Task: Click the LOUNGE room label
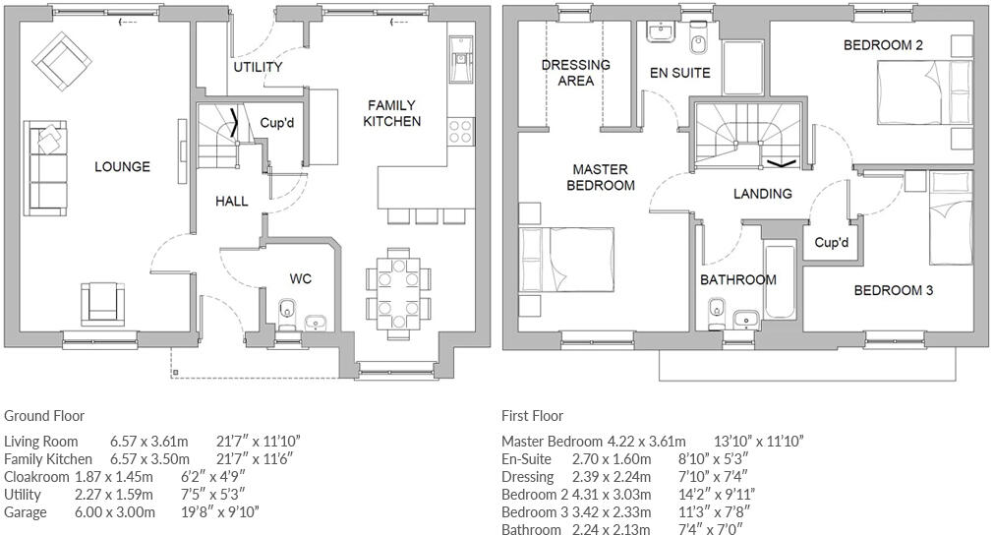coord(122,166)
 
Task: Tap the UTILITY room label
coord(258,67)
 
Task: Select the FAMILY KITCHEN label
coord(392,113)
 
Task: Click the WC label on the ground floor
coord(300,279)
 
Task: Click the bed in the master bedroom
coord(565,262)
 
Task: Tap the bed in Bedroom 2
coord(919,90)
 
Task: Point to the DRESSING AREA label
coord(576,73)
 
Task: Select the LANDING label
coord(762,194)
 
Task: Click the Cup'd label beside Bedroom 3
coord(831,242)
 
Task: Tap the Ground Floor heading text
coord(44,416)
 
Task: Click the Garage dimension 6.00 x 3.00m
coord(115,512)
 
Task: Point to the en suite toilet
coord(699,41)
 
